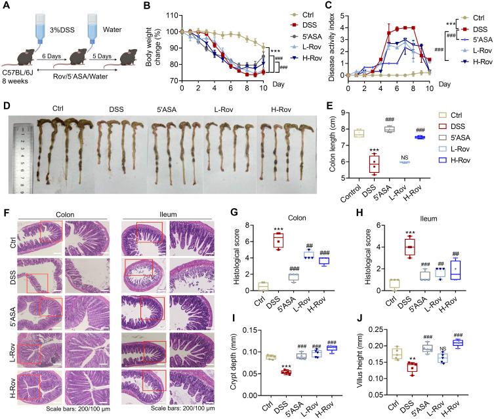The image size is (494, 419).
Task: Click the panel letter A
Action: click(x=6, y=6)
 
